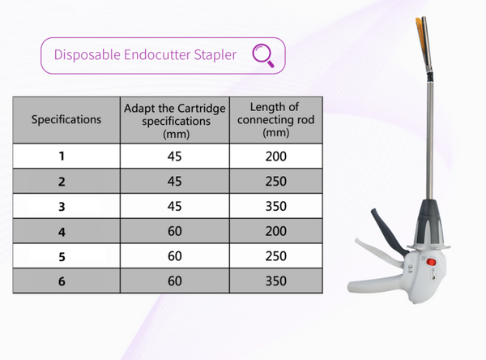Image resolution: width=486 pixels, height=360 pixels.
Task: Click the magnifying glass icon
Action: pos(265,55)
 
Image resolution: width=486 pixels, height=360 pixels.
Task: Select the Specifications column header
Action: pos(66,120)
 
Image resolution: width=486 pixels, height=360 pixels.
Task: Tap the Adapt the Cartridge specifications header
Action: pos(175,120)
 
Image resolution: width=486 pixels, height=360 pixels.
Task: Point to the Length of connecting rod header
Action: pos(276,120)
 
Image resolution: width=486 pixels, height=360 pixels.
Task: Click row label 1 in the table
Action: pos(66,155)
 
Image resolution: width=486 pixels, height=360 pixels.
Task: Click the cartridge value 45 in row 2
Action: pos(175,180)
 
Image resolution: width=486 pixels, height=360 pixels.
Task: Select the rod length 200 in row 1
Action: pos(276,155)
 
